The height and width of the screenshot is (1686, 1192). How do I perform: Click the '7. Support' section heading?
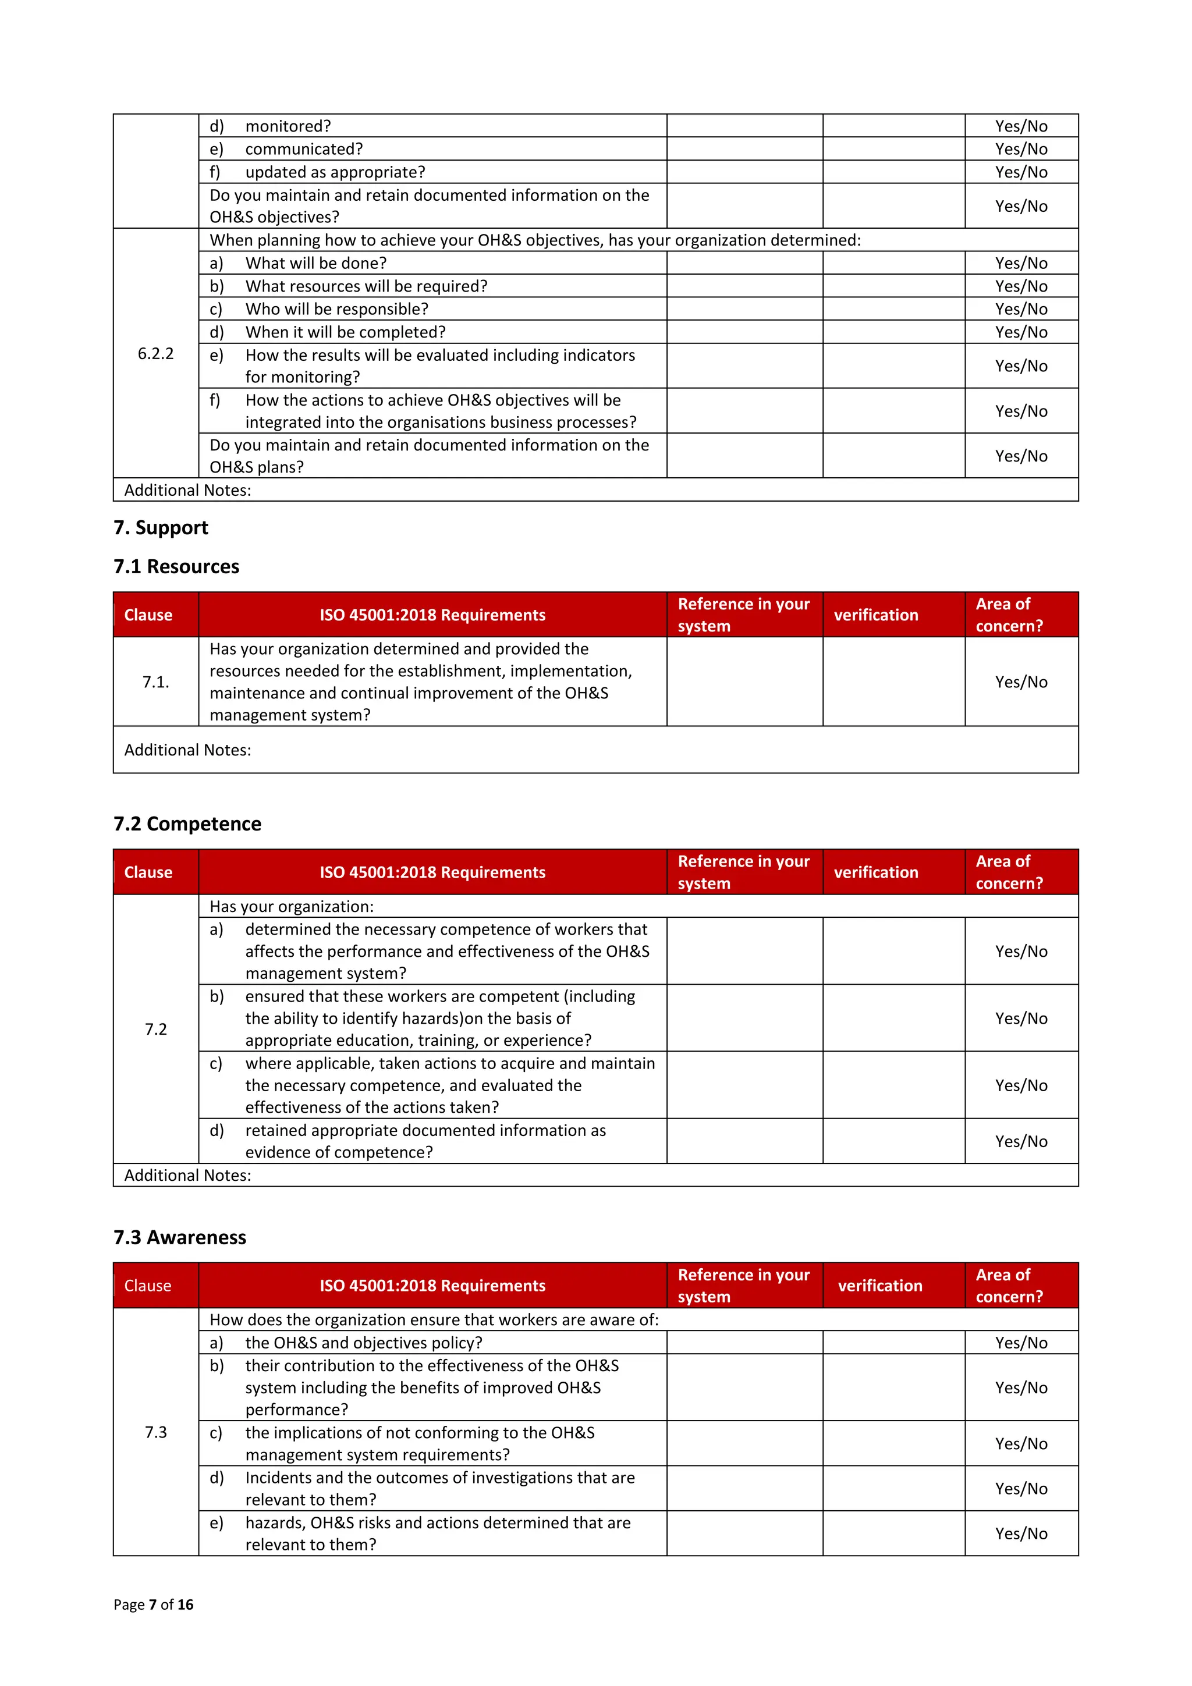161,527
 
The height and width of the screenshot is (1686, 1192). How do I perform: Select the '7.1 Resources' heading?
176,566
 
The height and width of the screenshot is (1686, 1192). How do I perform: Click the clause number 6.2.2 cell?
156,353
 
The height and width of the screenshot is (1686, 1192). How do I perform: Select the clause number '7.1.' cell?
156,682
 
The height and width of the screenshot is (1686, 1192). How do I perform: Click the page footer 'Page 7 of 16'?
154,1604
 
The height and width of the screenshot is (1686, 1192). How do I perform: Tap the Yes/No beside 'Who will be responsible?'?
1021,308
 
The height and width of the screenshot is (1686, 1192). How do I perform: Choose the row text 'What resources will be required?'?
366,286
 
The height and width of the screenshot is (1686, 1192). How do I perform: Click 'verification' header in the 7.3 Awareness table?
880,1285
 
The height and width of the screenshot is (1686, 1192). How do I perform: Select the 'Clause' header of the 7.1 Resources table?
148,615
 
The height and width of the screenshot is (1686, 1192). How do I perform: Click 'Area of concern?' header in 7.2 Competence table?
1009,872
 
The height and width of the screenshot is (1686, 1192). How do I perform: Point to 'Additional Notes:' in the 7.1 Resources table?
187,750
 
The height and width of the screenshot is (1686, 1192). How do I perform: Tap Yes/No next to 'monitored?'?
1021,126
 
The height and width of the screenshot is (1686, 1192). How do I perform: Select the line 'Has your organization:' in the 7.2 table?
292,906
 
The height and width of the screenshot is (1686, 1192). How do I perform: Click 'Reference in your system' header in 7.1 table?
743,615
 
